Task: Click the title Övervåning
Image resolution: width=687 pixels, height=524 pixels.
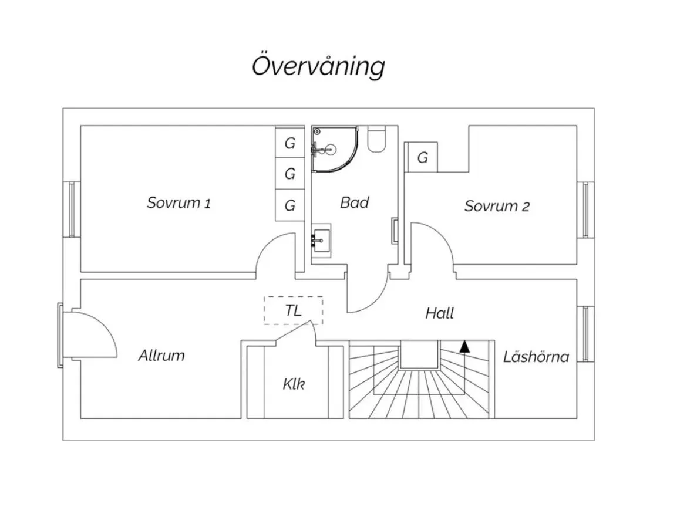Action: click(x=318, y=66)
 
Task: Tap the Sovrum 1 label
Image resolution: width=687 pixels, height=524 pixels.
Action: click(x=179, y=203)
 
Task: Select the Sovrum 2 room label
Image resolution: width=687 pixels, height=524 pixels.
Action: click(x=497, y=206)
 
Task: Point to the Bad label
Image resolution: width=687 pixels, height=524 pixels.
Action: click(x=355, y=202)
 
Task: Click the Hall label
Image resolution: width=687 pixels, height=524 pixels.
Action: click(x=439, y=313)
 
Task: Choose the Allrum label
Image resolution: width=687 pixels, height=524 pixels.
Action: click(x=161, y=355)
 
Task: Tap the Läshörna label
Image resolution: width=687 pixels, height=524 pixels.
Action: click(x=536, y=356)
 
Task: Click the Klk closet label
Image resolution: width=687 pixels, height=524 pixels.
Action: click(x=294, y=384)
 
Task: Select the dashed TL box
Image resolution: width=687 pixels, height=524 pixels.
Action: click(x=293, y=310)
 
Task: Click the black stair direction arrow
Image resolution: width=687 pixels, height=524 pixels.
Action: click(x=464, y=346)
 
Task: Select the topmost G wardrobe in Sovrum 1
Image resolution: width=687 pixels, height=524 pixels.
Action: click(x=290, y=143)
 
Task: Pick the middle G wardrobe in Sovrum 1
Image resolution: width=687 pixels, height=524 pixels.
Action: click(x=290, y=174)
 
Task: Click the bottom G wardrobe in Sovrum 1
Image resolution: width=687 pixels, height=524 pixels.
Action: click(x=290, y=206)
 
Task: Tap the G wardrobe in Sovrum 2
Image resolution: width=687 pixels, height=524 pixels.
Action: click(x=423, y=157)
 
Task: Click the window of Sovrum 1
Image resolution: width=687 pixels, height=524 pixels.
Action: click(x=72, y=209)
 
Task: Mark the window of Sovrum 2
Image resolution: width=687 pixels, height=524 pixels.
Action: click(x=585, y=209)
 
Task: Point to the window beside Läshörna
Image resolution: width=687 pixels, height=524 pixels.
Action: click(x=585, y=333)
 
